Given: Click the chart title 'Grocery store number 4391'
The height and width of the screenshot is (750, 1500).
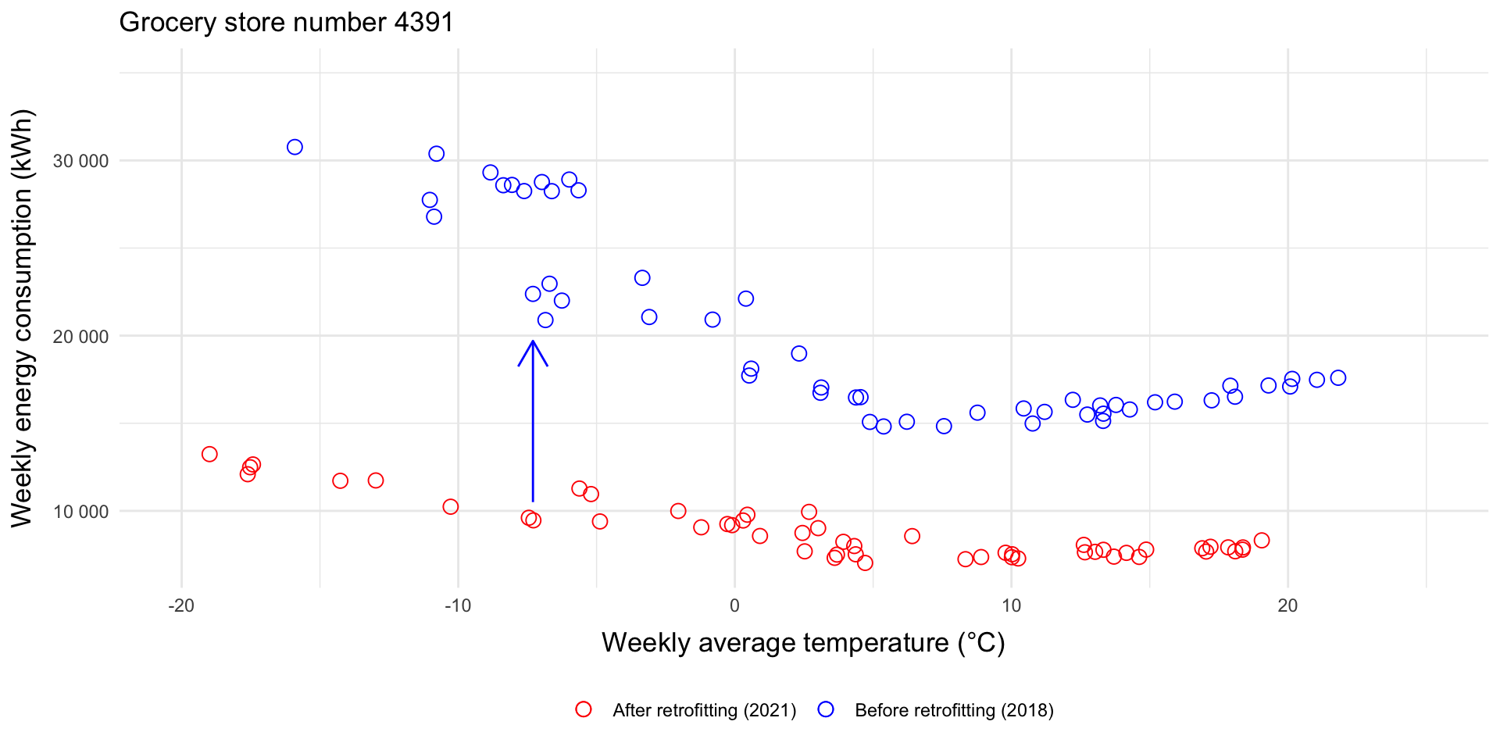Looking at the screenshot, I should click(x=286, y=22).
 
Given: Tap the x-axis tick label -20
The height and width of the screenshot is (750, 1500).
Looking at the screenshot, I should click(x=181, y=605).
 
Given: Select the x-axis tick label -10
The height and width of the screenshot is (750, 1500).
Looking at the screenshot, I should click(x=458, y=605).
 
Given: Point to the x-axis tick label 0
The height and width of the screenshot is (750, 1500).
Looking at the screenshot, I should click(x=734, y=605).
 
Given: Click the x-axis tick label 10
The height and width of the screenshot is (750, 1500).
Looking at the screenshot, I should click(x=1011, y=605).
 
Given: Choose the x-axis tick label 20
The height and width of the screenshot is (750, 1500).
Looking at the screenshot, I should click(x=1287, y=605).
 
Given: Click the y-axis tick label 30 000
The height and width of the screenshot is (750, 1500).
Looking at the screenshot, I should click(x=80, y=161).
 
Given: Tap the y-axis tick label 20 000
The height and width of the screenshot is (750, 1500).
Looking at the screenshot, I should click(x=80, y=336).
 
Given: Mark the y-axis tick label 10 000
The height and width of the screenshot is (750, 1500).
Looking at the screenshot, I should click(x=80, y=512).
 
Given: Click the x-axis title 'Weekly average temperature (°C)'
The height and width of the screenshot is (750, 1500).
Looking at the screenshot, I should click(x=803, y=643).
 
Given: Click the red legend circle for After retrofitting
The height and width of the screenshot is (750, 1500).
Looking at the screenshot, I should click(x=583, y=709).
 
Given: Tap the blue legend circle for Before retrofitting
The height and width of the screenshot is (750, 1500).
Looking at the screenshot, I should click(x=826, y=709).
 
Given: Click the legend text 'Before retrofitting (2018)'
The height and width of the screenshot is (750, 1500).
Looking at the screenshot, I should click(x=954, y=710).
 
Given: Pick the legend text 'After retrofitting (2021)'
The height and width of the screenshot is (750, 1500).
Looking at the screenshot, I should click(x=704, y=710).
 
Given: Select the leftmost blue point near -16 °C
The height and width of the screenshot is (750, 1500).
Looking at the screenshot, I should click(x=295, y=147).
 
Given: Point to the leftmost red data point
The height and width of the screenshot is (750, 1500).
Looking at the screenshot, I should click(x=209, y=454).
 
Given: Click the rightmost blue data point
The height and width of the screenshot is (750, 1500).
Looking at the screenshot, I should click(x=1338, y=378).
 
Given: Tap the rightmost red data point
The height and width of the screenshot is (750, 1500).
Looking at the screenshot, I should click(x=1262, y=541).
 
